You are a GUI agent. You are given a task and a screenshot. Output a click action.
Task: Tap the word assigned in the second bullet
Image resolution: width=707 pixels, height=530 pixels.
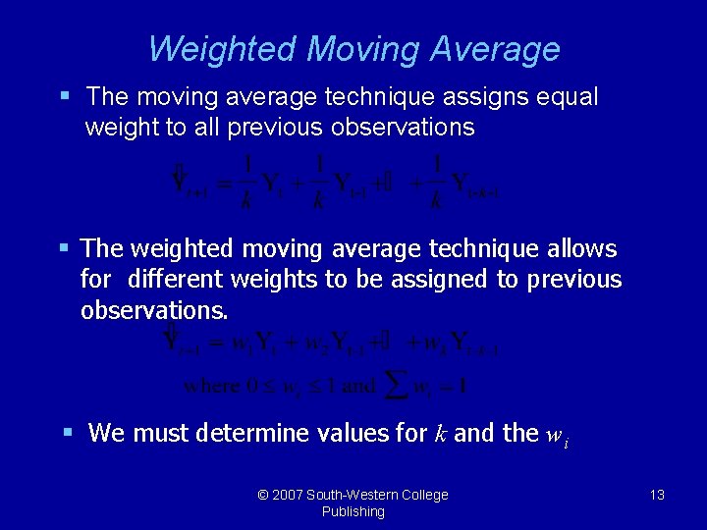[446, 280]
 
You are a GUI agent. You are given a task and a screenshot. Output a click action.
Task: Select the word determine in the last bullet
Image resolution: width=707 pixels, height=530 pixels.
[255, 433]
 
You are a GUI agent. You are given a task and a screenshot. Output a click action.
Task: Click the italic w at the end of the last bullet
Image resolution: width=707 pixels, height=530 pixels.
[553, 434]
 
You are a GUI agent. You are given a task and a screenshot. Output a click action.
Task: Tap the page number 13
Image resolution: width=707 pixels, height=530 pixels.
[657, 495]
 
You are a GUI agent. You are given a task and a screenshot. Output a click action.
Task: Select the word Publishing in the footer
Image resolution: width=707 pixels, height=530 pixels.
[353, 511]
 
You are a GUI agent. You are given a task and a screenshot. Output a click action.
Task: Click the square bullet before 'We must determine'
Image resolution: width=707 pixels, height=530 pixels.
[67, 431]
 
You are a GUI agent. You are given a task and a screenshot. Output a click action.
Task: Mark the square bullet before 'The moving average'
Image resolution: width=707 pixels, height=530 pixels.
[65, 96]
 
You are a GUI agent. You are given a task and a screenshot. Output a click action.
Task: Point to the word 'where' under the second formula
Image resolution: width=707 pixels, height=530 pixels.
[211, 386]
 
